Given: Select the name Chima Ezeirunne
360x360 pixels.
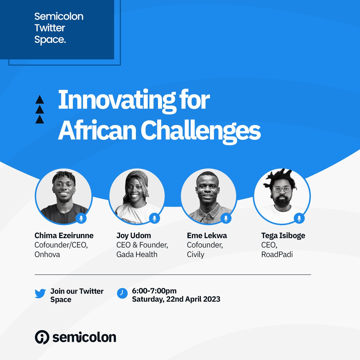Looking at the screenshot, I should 64,235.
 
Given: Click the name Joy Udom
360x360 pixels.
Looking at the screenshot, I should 133,235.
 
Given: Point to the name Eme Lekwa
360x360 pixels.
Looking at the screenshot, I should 207,235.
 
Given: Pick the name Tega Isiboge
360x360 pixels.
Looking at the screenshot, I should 283,235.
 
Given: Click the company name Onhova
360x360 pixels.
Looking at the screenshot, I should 47,254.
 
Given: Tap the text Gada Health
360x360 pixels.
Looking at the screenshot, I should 137,254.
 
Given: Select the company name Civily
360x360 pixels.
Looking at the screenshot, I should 195,254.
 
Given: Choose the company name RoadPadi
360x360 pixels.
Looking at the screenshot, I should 277,254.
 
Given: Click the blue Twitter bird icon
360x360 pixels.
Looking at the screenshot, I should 40,293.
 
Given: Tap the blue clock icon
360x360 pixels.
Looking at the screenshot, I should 122,293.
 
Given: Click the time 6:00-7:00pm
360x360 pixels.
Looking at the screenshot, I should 154,291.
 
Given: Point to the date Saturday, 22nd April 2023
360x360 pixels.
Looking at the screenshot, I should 176,299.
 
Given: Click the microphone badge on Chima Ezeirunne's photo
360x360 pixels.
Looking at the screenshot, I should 81,218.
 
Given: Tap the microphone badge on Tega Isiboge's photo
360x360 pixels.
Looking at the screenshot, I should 299,218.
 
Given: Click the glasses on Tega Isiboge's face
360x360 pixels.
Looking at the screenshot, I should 282,189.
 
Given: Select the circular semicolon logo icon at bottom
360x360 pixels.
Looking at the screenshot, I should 42,337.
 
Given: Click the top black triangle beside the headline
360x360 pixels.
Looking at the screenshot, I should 40,100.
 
